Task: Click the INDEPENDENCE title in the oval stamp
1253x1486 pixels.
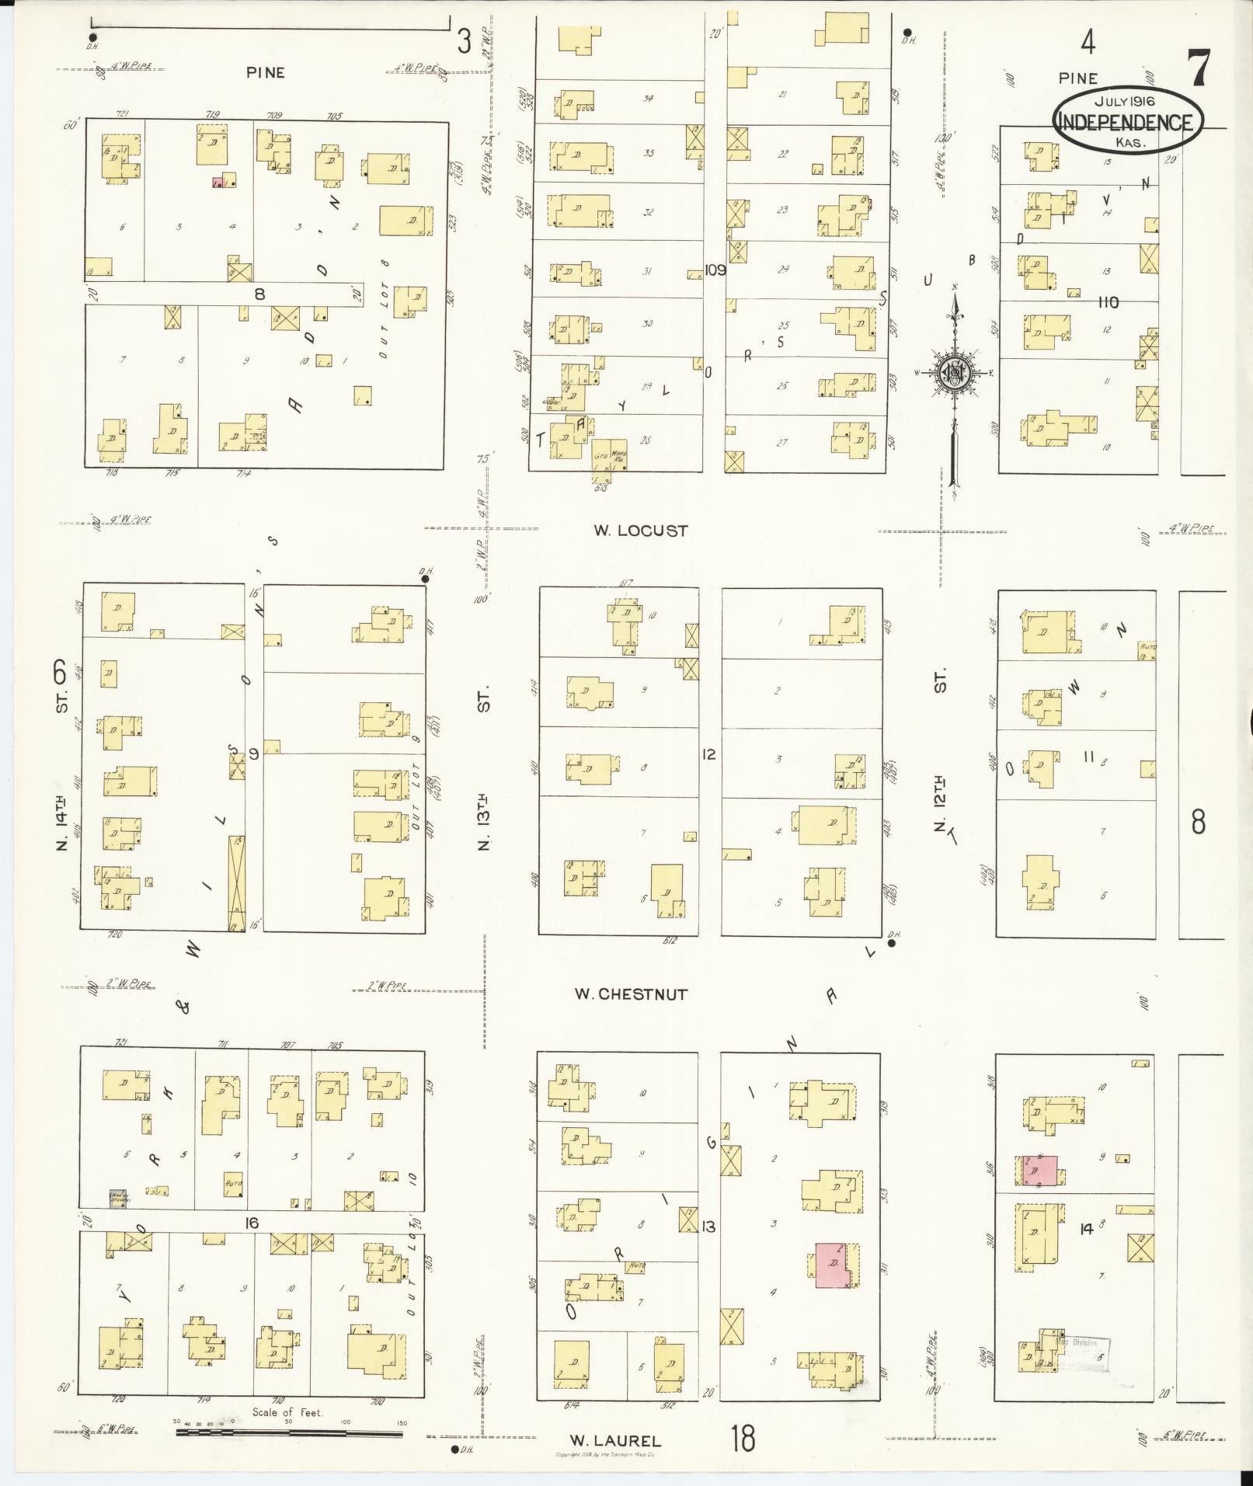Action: click(x=1126, y=122)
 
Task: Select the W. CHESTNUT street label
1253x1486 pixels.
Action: click(x=631, y=994)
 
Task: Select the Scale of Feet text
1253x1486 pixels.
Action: click(x=287, y=1412)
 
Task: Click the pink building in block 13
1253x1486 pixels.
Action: click(x=833, y=1266)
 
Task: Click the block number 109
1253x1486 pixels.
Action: click(x=715, y=270)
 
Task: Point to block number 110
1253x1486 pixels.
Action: click(x=1109, y=302)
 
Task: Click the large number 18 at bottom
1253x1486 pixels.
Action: click(x=742, y=1438)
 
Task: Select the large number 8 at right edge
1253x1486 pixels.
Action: click(x=1198, y=820)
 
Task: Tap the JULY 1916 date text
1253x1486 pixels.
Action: click(x=1126, y=101)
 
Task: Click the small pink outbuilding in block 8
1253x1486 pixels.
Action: click(x=218, y=183)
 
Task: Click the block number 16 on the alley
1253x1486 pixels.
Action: click(x=250, y=1223)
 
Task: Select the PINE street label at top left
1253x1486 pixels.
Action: click(x=266, y=72)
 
